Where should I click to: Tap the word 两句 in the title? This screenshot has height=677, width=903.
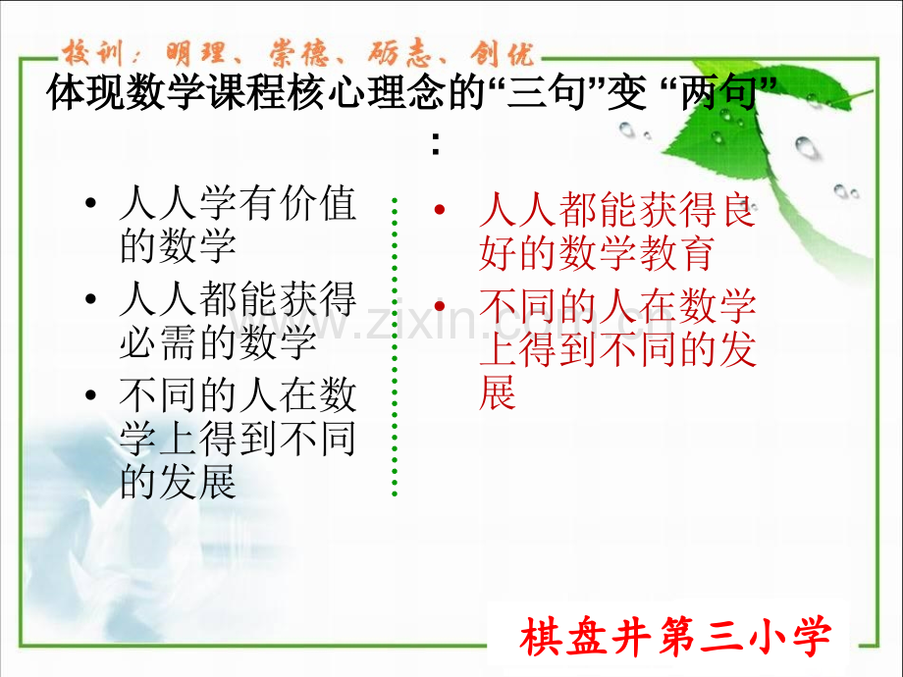click(718, 92)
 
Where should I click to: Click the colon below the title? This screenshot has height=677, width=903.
click(436, 144)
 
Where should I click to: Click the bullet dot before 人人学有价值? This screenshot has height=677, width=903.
click(90, 203)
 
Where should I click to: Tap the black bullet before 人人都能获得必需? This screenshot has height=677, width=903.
click(90, 299)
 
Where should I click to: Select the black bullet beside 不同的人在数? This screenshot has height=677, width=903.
click(90, 394)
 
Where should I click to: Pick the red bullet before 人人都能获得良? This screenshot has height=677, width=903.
click(440, 209)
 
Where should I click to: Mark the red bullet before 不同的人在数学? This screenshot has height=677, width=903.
click(440, 305)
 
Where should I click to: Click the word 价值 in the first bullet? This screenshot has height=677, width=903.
click(318, 203)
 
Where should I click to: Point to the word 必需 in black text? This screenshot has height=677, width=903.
click(158, 342)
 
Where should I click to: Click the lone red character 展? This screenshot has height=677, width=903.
click(497, 392)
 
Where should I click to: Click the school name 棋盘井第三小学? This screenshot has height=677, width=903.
click(675, 637)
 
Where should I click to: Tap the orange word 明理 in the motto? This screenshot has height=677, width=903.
click(195, 54)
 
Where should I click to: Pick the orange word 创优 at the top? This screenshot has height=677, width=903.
click(502, 54)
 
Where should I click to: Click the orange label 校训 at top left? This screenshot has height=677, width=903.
click(92, 54)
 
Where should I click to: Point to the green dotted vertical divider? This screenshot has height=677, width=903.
click(395, 346)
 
